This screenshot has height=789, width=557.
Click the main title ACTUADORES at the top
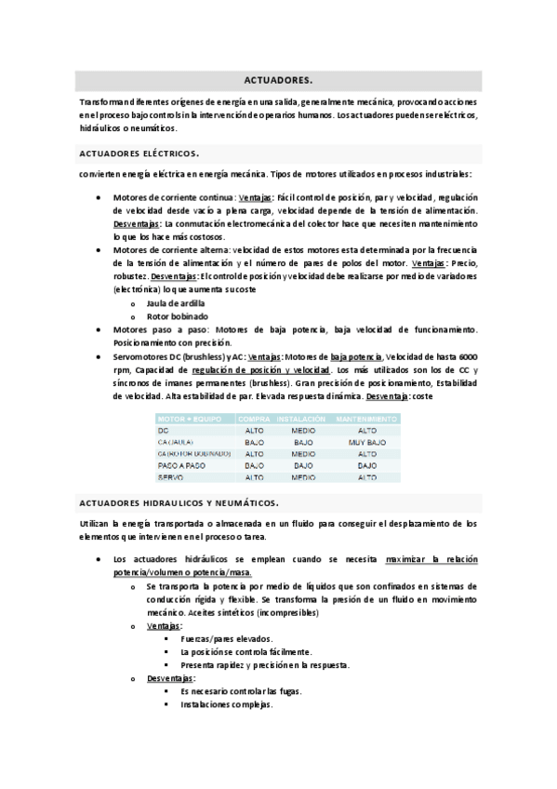pos(278,80)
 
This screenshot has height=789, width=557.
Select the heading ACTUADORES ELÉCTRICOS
pos(139,153)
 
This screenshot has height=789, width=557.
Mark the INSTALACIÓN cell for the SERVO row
pos(302,476)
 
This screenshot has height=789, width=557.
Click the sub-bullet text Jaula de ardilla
pos(176,303)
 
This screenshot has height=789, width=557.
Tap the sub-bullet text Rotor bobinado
pos(176,316)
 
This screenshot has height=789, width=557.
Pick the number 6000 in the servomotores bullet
pos(468,356)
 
